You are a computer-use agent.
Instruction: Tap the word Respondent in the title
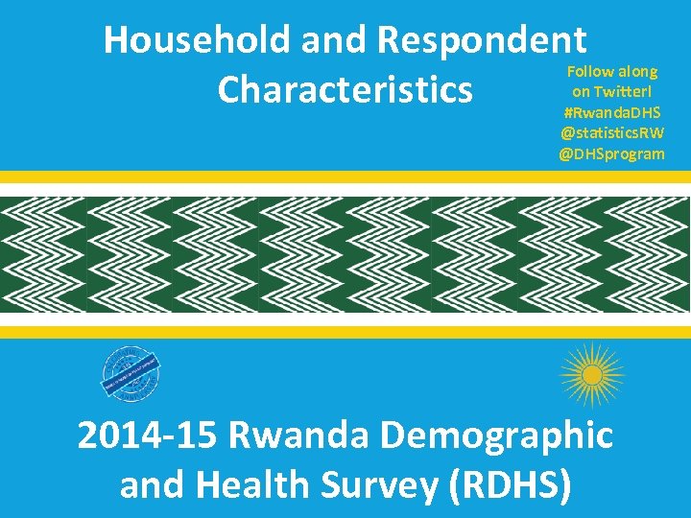click(482, 40)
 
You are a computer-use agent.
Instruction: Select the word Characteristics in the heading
click(345, 90)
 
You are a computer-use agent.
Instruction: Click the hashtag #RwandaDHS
click(612, 112)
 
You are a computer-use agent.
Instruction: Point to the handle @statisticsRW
click(612, 132)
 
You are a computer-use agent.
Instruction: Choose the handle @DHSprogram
click(612, 153)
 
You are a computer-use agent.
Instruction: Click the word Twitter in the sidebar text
click(621, 91)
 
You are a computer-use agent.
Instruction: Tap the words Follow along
click(612, 71)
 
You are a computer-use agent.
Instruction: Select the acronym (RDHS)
click(512, 486)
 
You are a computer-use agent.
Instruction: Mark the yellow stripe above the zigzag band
click(345, 177)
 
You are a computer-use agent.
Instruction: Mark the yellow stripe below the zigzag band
click(345, 332)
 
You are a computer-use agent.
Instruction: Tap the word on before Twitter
click(581, 91)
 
